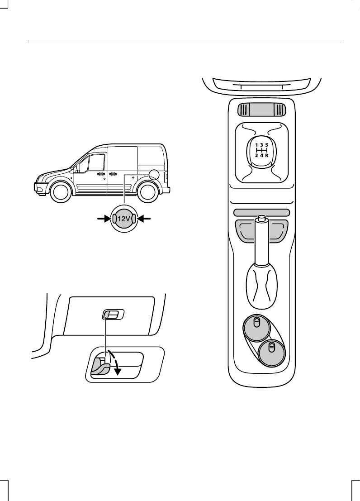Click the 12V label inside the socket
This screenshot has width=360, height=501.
coord(123,219)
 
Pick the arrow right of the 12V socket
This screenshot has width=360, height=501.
coord(145,219)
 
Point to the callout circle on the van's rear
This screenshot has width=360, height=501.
coord(154,174)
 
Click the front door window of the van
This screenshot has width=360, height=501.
coord(95,163)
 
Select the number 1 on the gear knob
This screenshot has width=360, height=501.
coord(256,145)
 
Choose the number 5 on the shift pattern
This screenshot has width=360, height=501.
coord(267,145)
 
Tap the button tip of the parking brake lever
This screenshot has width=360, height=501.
coord(261,219)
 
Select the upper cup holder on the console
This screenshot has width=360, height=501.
coord(256,327)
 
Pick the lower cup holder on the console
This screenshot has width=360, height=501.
coord(272,353)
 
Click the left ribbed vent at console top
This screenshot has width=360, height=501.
coord(244,110)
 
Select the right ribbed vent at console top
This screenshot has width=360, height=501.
coord(279,110)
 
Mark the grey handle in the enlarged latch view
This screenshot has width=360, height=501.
coord(99,366)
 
